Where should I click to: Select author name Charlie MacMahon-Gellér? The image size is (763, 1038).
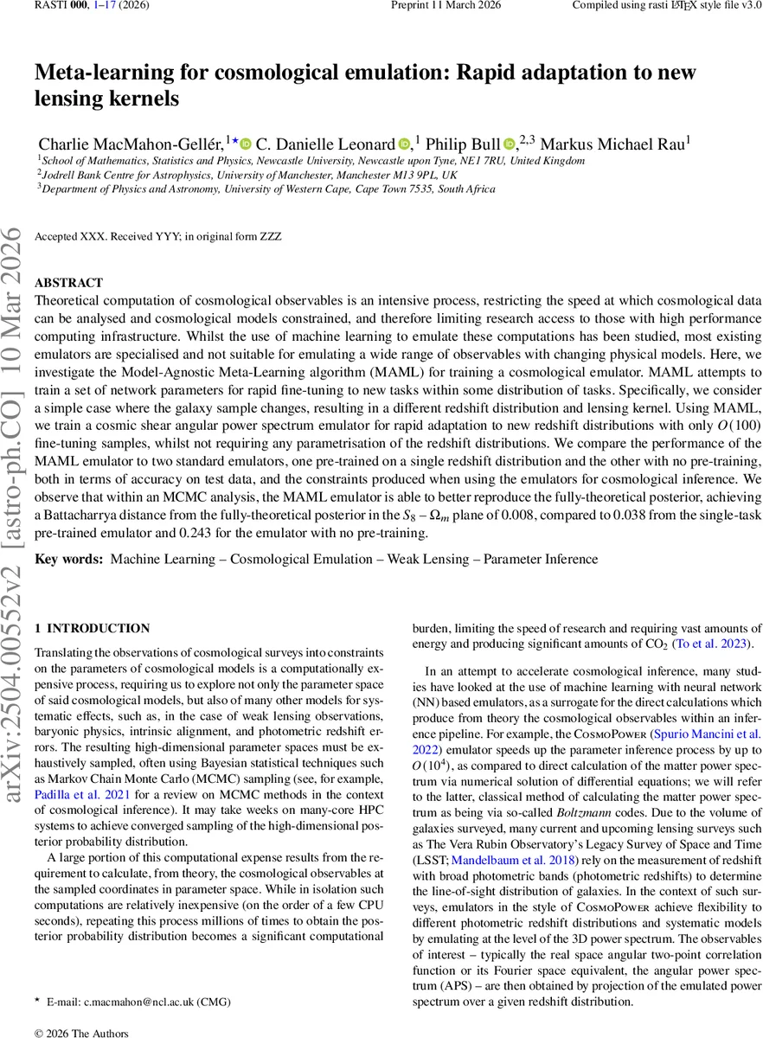tap(131, 143)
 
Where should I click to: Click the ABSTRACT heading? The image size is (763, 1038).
tap(68, 283)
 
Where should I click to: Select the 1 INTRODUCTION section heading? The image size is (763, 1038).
tap(92, 629)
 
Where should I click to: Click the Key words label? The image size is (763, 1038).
tap(68, 560)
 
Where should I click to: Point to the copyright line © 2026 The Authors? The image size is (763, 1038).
tap(80, 1033)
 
